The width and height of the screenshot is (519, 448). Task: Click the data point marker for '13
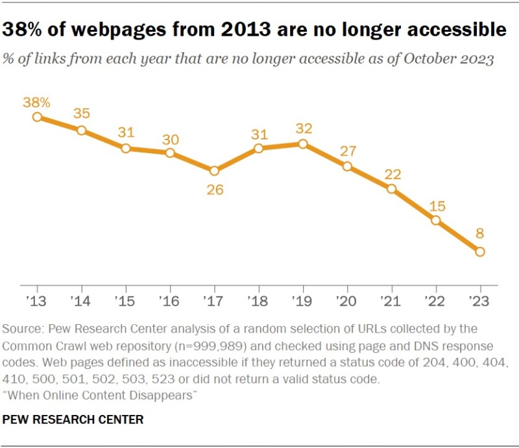point(38,117)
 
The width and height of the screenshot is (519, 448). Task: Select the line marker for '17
point(215,171)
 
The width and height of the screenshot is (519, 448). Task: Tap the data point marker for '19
point(303,144)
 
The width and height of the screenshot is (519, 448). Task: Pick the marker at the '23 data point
point(480,252)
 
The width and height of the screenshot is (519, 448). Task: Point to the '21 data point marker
point(391,189)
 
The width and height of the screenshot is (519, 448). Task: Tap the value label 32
point(303,128)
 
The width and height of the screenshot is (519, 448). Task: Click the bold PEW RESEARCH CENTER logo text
point(73,419)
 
